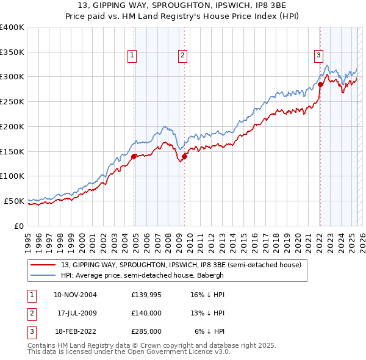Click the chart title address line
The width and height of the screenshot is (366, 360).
tap(182, 6)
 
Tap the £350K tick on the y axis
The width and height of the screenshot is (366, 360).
tap(12, 52)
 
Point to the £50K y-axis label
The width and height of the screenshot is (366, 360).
tap(14, 201)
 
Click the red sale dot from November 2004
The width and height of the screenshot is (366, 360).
tap(134, 156)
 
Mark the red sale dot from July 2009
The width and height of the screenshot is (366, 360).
tap(184, 156)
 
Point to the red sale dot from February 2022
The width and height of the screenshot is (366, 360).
tap(320, 84)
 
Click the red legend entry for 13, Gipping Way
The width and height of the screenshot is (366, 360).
tap(181, 265)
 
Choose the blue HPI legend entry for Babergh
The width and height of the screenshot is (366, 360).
tap(142, 275)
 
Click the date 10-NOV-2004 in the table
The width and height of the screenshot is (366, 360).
tap(75, 295)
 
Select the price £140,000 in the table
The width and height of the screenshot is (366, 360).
tap(146, 313)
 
